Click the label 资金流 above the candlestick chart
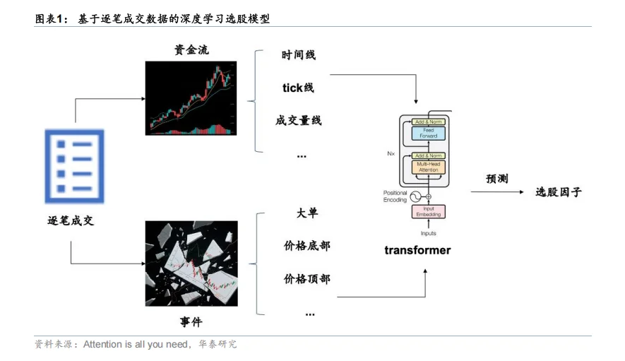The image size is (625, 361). [x=191, y=51]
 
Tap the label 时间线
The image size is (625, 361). [x=298, y=55]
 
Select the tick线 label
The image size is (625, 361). [x=298, y=88]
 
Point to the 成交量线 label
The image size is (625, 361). [x=298, y=121]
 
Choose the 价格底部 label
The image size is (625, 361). [x=306, y=246]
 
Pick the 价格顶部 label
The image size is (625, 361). [x=306, y=279]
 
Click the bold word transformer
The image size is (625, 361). [x=417, y=250]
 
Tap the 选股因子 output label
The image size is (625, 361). [x=558, y=192]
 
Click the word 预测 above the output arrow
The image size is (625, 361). [x=497, y=179]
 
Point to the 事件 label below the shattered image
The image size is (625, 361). [x=191, y=323]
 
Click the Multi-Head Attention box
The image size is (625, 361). [x=429, y=167]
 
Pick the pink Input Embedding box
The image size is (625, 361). [x=429, y=211]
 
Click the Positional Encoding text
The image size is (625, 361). [x=395, y=196]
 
